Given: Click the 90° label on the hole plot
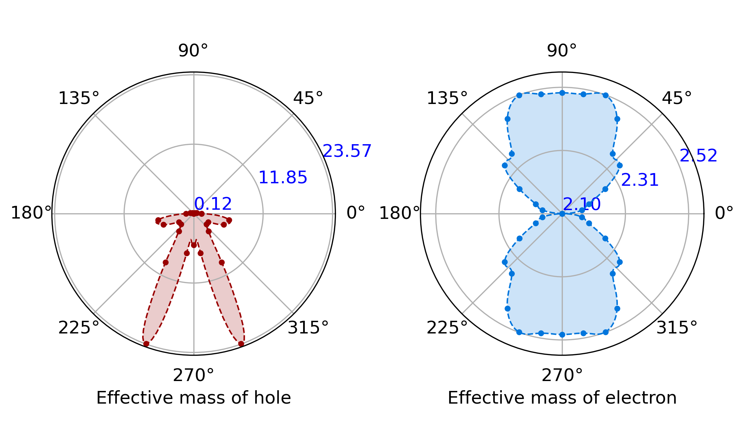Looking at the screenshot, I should tap(193, 51).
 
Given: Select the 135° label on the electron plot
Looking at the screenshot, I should tap(447, 98).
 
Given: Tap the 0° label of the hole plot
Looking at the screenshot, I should tap(356, 213).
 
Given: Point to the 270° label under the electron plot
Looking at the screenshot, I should tap(562, 376).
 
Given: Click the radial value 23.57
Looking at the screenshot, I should tap(347, 151).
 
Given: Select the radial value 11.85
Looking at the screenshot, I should tap(283, 178).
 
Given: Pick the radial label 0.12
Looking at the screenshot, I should tap(213, 204).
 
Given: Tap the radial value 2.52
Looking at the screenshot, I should tap(699, 156).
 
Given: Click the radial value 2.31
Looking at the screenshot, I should tap(640, 180).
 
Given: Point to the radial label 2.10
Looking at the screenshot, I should tap(582, 204).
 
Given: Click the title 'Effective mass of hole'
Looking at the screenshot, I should tap(193, 398).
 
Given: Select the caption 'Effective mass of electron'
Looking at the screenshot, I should tap(562, 398).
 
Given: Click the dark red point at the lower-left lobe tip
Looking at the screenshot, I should tap(146, 344).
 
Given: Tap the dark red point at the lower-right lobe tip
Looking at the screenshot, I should tap(241, 344).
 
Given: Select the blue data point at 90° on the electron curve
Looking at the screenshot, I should tap(562, 93).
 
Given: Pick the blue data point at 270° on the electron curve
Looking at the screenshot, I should tap(562, 335).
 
